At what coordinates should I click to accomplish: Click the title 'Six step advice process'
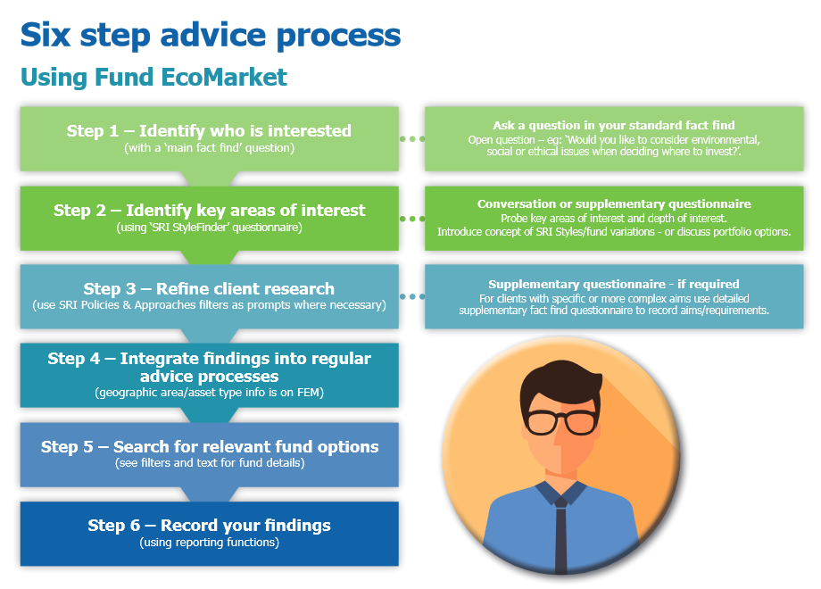pyautogui.click(x=211, y=35)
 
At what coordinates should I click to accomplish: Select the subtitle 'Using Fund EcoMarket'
pyautogui.click(x=153, y=78)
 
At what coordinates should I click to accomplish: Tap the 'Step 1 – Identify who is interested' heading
pyautogui.click(x=209, y=131)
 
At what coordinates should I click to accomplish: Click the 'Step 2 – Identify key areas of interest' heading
pyautogui.click(x=209, y=211)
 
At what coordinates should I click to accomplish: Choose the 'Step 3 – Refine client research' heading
pyautogui.click(x=209, y=289)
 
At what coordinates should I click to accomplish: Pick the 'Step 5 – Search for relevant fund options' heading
pyautogui.click(x=209, y=447)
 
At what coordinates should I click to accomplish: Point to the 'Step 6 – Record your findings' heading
pyautogui.click(x=209, y=526)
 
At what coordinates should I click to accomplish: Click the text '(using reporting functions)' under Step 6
pyautogui.click(x=209, y=543)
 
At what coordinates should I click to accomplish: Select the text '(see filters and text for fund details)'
pyautogui.click(x=209, y=464)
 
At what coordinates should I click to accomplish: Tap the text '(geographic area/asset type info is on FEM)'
pyautogui.click(x=209, y=393)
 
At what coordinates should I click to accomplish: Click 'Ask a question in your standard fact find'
pyautogui.click(x=614, y=126)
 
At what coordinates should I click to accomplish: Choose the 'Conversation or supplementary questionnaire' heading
pyautogui.click(x=614, y=204)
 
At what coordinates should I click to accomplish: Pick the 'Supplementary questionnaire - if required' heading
pyautogui.click(x=614, y=284)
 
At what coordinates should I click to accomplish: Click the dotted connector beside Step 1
pyautogui.click(x=412, y=139)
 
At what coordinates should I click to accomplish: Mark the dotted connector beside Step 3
pyautogui.click(x=412, y=296)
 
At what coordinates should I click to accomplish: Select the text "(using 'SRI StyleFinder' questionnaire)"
pyautogui.click(x=209, y=228)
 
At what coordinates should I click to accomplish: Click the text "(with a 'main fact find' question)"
pyautogui.click(x=209, y=148)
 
